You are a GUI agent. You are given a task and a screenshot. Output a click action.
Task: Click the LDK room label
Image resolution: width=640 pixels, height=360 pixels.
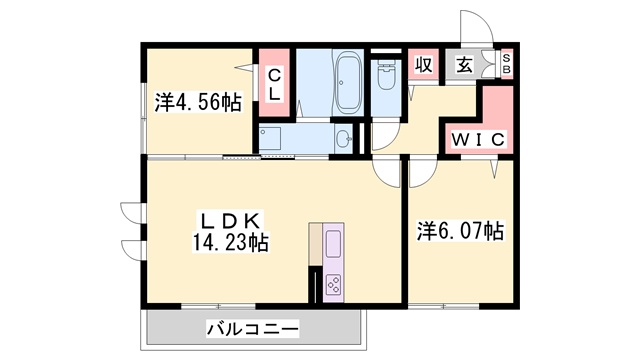[232, 220]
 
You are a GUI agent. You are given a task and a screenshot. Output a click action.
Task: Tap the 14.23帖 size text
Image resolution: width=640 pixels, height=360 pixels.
[233, 242]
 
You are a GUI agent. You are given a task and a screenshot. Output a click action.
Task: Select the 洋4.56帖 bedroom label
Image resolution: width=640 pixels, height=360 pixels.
[197, 101]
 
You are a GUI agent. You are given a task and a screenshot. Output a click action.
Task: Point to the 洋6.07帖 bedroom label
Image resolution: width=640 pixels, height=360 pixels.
[460, 231]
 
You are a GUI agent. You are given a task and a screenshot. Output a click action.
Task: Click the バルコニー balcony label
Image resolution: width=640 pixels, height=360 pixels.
[253, 327]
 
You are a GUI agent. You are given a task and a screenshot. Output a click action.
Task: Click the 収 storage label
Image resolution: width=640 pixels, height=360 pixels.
[423, 66]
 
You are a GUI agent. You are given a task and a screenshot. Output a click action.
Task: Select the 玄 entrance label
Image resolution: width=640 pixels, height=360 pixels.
[465, 66]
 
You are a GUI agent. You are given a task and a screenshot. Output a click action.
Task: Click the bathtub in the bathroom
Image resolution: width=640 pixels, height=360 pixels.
[349, 82]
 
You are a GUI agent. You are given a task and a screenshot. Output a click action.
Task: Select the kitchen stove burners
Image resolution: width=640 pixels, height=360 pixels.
[334, 281]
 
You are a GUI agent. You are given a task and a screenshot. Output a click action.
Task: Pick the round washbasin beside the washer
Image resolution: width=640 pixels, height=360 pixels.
[343, 138]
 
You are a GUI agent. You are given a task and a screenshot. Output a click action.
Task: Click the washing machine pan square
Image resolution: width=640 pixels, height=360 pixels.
[271, 138]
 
